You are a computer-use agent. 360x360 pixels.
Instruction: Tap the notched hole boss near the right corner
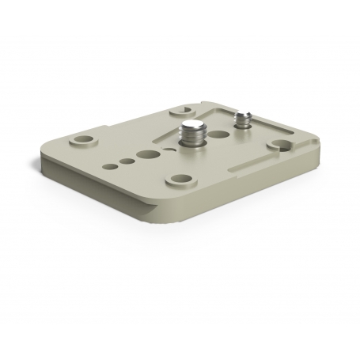279,145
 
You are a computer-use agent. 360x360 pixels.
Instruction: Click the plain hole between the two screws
218,130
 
